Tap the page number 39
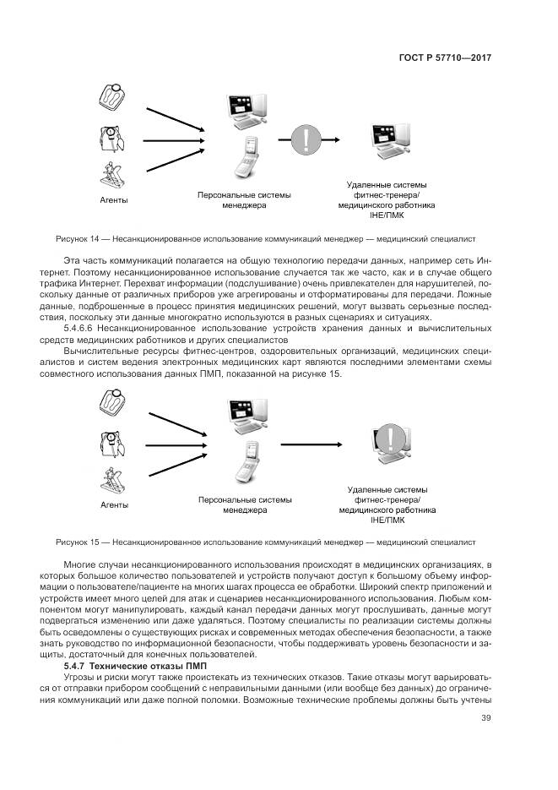click(x=486, y=718)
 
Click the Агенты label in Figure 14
click(x=114, y=200)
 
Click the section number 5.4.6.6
click(x=83, y=327)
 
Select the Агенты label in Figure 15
click(x=114, y=504)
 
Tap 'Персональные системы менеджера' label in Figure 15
click(x=245, y=504)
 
